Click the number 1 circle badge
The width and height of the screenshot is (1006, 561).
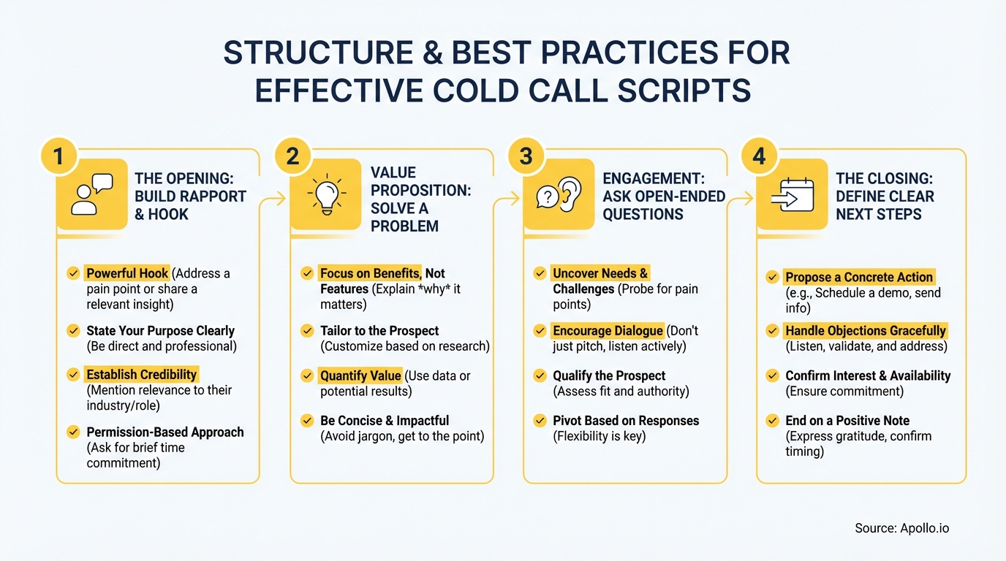click(x=59, y=156)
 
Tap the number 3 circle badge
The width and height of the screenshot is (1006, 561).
click(x=526, y=156)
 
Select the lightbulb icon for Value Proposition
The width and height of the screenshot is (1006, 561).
click(x=325, y=195)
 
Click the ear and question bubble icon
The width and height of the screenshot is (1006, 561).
click(x=559, y=195)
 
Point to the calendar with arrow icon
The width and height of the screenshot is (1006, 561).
click(x=792, y=195)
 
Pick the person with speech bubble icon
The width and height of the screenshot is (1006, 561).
click(x=92, y=195)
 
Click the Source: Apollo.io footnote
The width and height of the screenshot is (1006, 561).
click(x=901, y=528)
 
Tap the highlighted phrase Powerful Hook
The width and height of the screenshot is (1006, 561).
click(x=127, y=273)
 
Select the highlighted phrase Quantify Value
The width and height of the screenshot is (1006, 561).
click(x=360, y=376)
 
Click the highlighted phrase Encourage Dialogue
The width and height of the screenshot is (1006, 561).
click(x=608, y=331)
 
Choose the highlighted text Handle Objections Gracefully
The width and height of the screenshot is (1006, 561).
click(x=865, y=331)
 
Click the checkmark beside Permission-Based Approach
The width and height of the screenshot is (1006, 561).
click(x=73, y=432)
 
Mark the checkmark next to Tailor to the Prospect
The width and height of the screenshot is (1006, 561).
click(x=307, y=331)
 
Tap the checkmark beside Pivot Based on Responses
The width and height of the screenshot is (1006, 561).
click(x=540, y=421)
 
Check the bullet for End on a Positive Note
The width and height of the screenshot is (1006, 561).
click(x=772, y=421)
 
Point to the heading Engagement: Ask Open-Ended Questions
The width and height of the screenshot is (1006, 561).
click(x=663, y=196)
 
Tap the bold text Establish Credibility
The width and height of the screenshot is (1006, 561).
click(x=142, y=375)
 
